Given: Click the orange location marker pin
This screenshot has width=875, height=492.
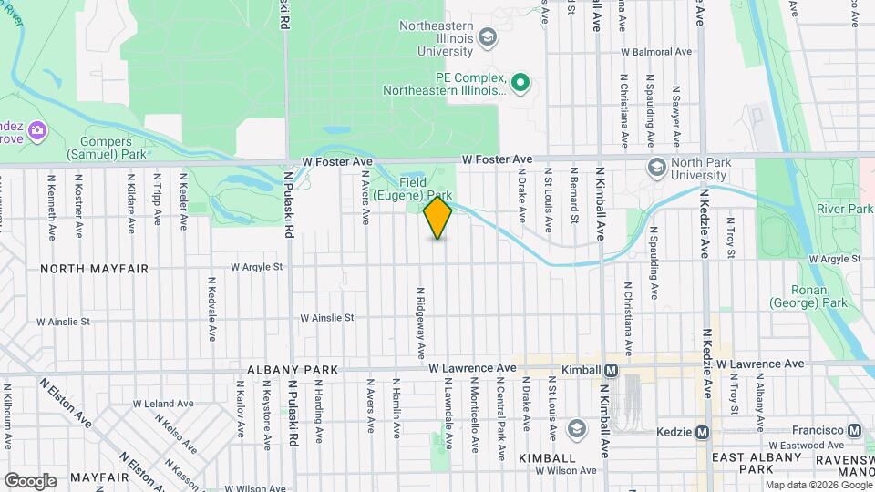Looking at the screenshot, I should tap(437, 218).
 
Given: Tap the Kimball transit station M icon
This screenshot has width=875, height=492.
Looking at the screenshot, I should tap(611, 370).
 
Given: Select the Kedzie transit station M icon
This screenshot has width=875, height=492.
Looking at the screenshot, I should tap(702, 431).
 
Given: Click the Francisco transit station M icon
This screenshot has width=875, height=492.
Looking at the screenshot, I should tap(854, 430).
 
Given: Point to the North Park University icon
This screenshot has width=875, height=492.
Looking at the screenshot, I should tap(656, 167).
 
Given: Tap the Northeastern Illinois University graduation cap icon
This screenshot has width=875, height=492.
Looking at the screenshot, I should tap(488, 37).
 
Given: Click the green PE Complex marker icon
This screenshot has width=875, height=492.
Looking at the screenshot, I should tap(520, 84).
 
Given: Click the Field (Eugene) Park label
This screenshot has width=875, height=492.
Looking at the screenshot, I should tap(425, 189).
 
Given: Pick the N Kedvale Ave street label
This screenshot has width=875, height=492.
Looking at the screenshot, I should tap(211, 309).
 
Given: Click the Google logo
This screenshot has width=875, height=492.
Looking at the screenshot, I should tap(31, 480).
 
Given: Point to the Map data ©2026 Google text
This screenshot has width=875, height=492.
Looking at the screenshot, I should tap(818, 485).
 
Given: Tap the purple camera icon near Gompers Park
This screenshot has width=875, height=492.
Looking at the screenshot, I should tap(37, 129).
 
